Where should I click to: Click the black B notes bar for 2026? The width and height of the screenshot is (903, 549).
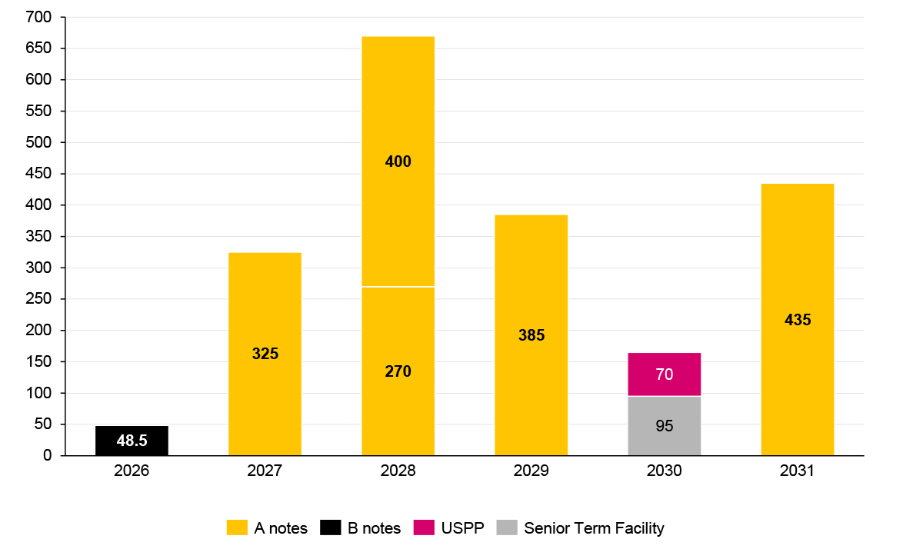pos(132,441)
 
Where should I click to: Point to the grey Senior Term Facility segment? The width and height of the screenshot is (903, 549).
pos(665,425)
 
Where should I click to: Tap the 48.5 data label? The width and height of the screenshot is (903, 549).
pos(132,441)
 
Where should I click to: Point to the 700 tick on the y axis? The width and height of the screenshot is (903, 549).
pos(38,17)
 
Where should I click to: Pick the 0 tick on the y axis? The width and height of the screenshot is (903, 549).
pos(48,456)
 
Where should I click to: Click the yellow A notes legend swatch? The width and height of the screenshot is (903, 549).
pos(237,527)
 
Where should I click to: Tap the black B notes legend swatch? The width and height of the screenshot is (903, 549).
pos(330,527)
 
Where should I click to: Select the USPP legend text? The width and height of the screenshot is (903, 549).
pos(463,528)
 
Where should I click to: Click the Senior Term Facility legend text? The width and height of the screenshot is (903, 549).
pos(594,528)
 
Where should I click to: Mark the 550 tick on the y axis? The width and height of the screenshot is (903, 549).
pos(38,111)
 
